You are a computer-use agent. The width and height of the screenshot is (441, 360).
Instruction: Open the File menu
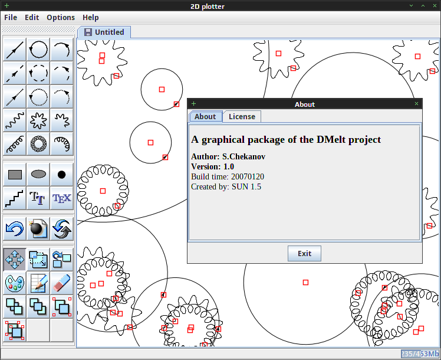coord(11,18)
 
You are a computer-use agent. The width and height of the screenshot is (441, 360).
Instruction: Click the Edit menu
coord(32,18)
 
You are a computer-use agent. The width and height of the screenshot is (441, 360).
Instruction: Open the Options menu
coord(61,18)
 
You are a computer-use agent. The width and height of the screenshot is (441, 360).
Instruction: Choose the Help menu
coord(91,18)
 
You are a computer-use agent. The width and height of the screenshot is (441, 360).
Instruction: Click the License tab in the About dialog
coord(242,116)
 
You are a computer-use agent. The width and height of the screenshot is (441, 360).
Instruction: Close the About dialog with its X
coord(416,104)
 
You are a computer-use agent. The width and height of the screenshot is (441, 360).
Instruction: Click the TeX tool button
coord(61,198)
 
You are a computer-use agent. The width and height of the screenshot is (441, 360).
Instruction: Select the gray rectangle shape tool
coord(15,175)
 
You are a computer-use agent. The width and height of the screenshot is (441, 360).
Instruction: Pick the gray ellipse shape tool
coord(38,175)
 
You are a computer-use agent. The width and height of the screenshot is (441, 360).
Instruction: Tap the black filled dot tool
coord(61,175)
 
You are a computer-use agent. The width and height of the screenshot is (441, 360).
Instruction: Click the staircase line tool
coord(15,198)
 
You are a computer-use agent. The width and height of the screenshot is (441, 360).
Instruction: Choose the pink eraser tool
coord(61,283)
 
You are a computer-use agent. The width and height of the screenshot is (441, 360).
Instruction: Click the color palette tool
coord(15,283)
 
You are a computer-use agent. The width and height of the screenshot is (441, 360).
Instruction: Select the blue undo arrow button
coord(15,228)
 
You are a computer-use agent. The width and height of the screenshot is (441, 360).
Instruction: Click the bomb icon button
coord(38,228)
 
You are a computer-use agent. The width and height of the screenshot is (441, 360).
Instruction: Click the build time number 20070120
coord(248,177)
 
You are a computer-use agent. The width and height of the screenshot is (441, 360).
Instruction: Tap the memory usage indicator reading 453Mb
coord(420,354)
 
